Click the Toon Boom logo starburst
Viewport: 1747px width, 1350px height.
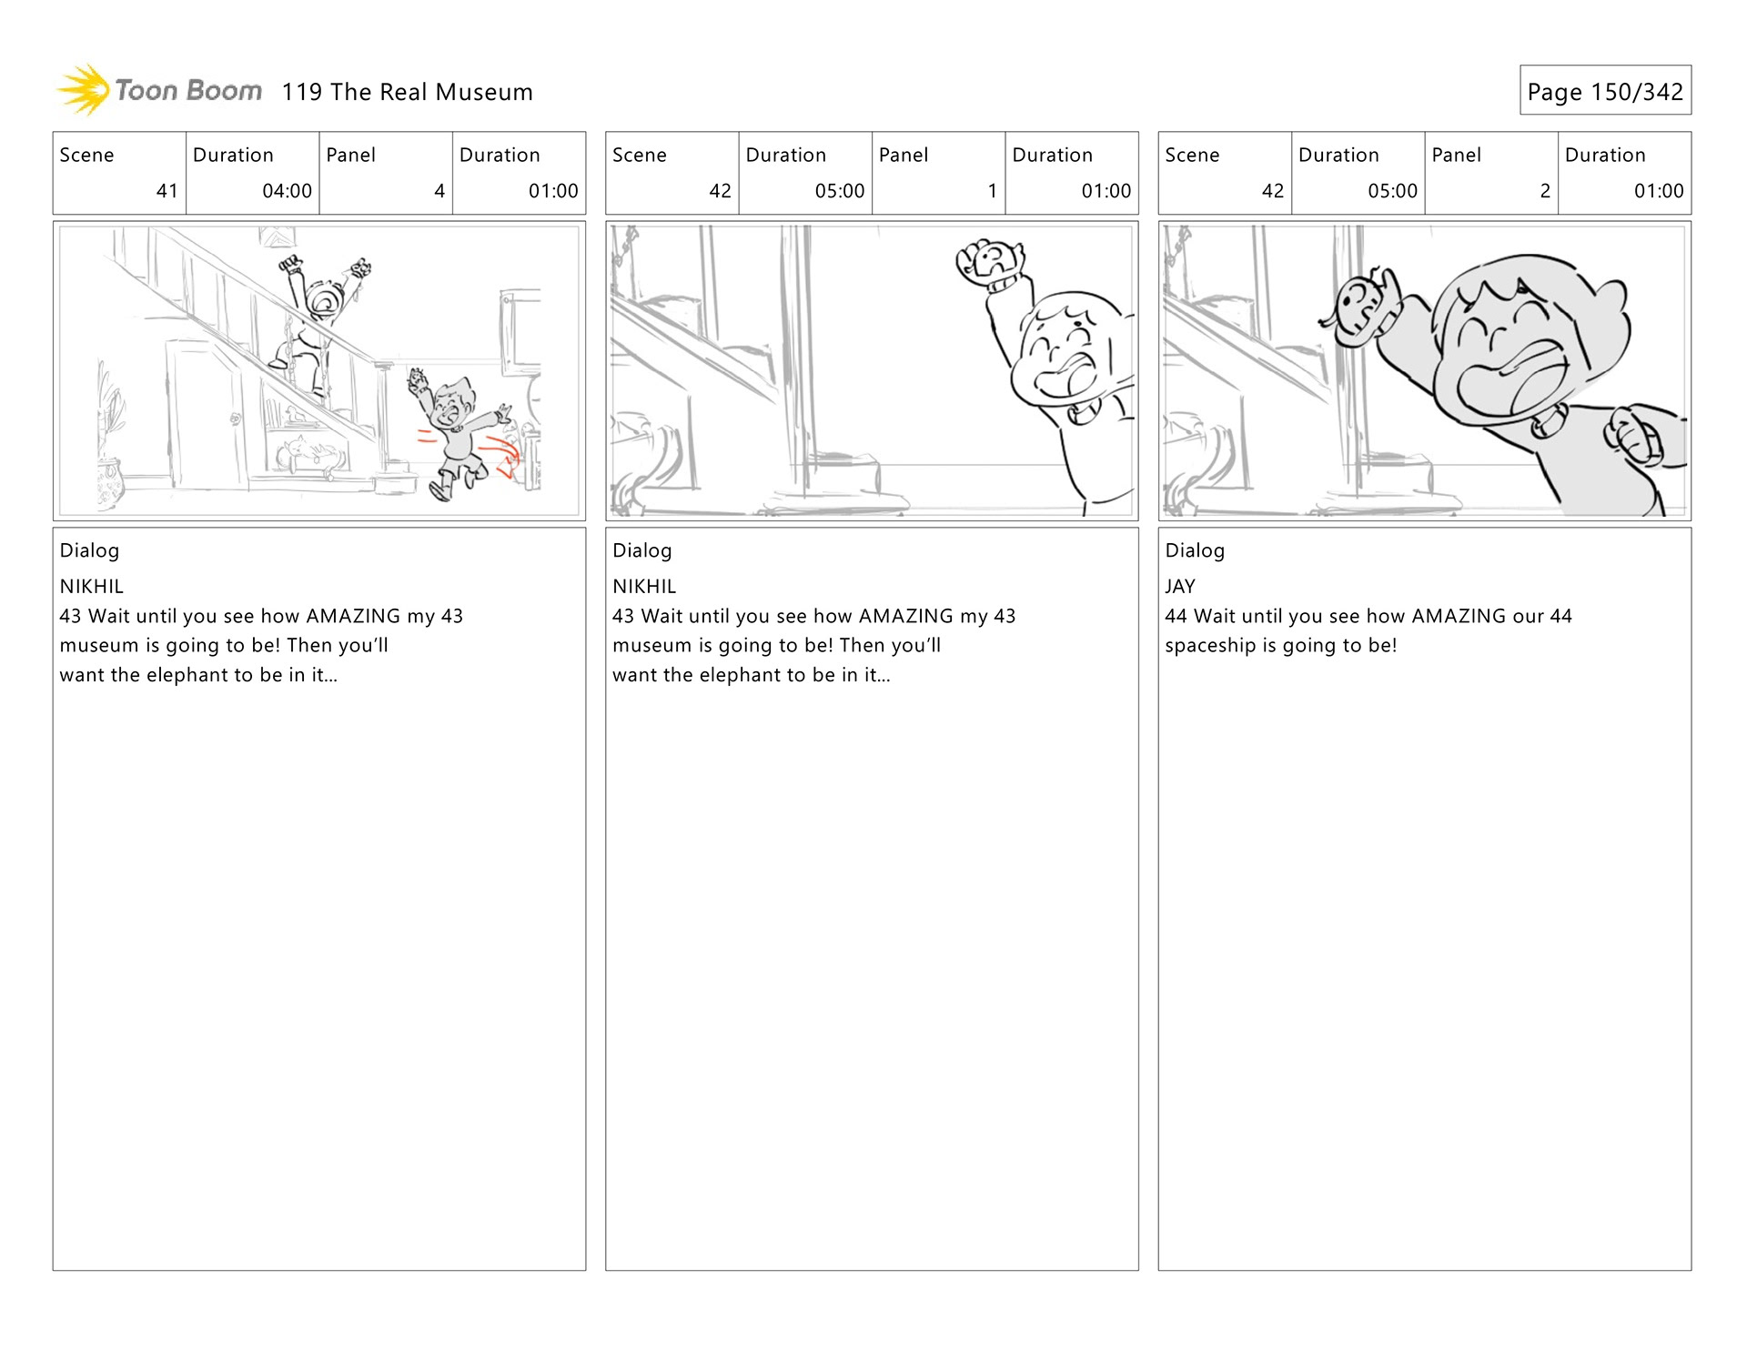(84, 90)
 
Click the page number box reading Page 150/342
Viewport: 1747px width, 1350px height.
(1604, 91)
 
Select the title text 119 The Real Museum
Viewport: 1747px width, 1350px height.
(407, 92)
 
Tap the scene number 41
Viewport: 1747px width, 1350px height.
(167, 191)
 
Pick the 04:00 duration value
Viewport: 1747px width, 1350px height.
(287, 191)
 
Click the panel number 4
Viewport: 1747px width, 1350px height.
(439, 191)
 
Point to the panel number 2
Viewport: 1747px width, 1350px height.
(1544, 191)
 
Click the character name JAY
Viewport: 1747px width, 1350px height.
(1179, 587)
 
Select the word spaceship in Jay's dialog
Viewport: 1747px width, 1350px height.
(1209, 646)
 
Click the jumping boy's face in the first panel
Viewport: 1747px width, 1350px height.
(451, 406)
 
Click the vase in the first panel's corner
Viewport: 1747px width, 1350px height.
(110, 482)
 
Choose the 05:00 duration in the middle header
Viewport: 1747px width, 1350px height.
(839, 191)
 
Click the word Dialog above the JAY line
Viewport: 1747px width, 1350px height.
(1194, 550)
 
